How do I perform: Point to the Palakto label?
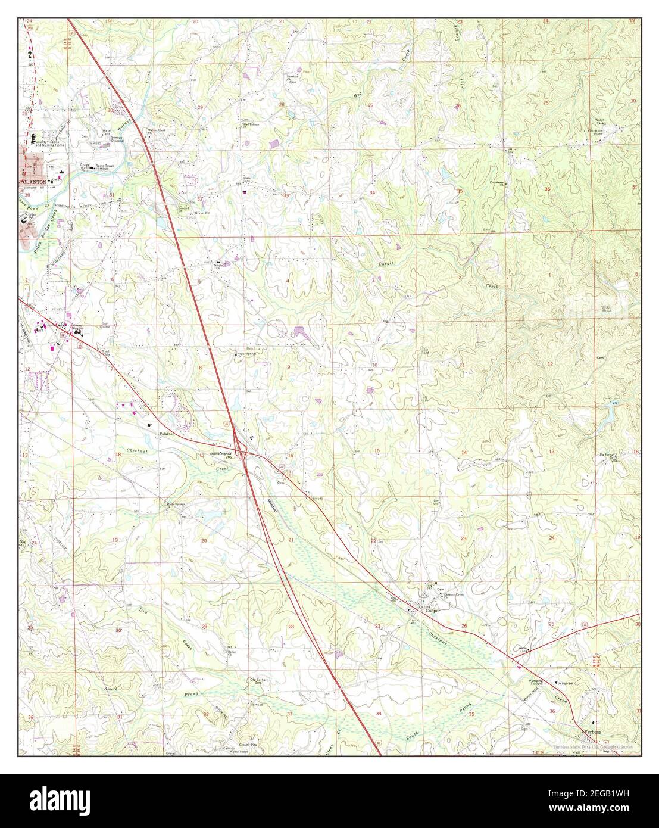165,434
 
